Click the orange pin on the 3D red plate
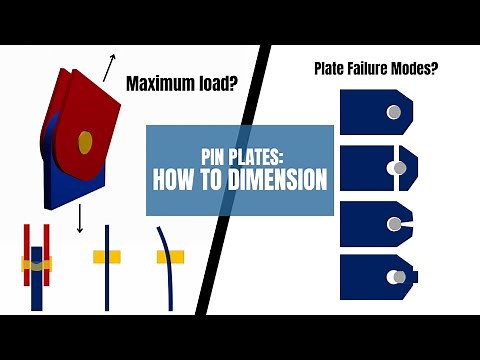pyautogui.click(x=85, y=142)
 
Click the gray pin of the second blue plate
pyautogui.click(x=400, y=168)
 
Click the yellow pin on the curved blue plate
pyautogui.click(x=170, y=257)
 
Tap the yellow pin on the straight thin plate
pyautogui.click(x=107, y=257)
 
